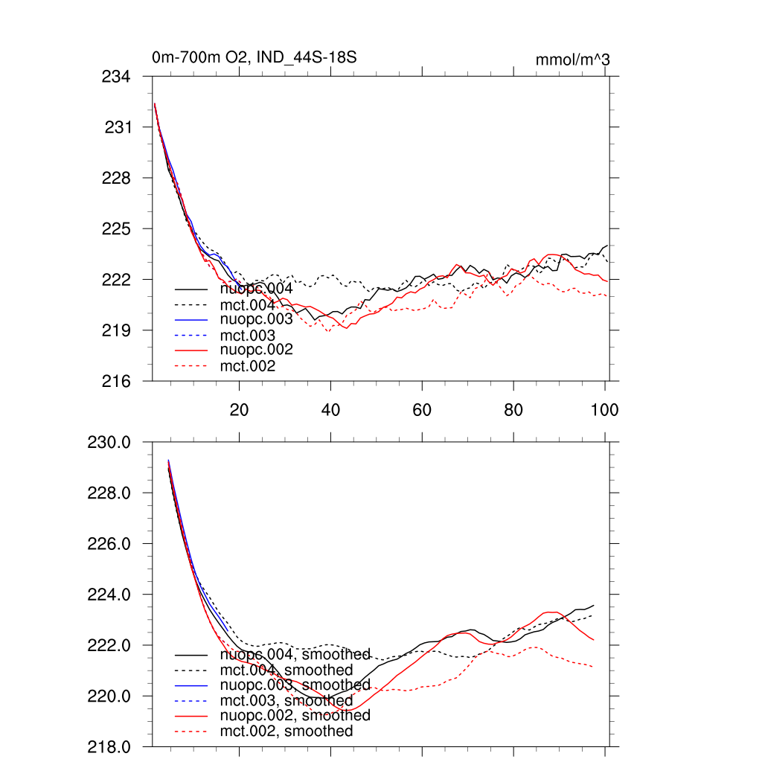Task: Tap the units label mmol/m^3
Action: pos(572,60)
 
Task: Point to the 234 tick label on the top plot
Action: pos(115,77)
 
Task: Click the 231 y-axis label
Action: pos(117,127)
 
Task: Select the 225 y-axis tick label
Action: pos(115,228)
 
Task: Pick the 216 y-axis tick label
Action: pos(115,381)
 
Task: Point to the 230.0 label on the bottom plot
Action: pos(109,443)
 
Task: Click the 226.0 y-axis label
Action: pos(109,544)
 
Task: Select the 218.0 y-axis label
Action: pos(109,746)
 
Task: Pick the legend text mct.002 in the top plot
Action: pos(248,366)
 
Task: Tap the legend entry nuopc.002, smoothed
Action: pos(295,715)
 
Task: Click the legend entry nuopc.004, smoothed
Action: pos(295,655)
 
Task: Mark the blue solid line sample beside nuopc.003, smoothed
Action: pos(191,685)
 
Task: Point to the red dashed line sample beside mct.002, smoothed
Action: pos(191,731)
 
